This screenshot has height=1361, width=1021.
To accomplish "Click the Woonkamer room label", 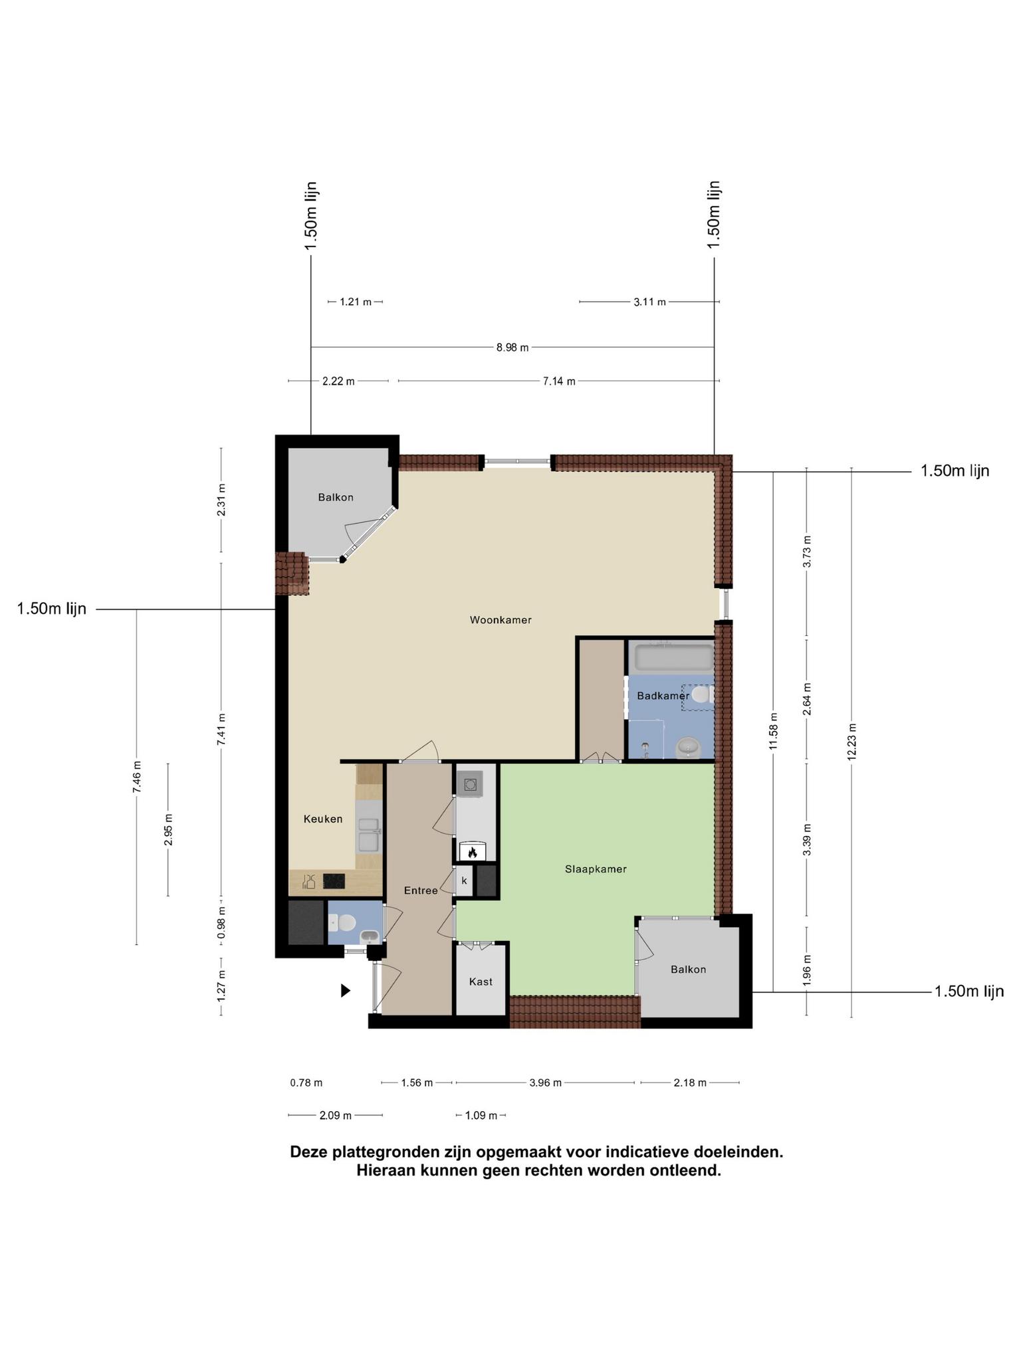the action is coord(501,620).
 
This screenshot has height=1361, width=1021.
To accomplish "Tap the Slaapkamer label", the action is coord(596,869).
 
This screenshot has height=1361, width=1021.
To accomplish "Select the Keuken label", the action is coord(323,819).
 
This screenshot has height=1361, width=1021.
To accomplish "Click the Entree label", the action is coord(421,890).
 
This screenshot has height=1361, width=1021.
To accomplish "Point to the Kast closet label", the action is coord(481,982).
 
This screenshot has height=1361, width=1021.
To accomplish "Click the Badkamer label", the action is coord(663,696).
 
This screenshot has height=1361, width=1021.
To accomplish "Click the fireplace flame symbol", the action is coord(473,852).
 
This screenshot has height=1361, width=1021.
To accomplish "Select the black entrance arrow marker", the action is coord(346,991).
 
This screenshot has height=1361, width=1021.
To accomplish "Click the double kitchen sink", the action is coord(368,835).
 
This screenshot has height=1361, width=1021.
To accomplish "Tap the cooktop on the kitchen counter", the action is coord(334,881).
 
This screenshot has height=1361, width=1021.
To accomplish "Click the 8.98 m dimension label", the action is coord(512,348).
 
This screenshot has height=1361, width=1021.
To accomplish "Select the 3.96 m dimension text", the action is coord(545,1083).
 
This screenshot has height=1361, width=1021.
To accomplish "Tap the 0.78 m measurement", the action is coord(306,1083).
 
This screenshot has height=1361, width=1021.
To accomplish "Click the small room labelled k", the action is coord(464,881).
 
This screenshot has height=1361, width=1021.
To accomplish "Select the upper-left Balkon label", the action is coord(336,497).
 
